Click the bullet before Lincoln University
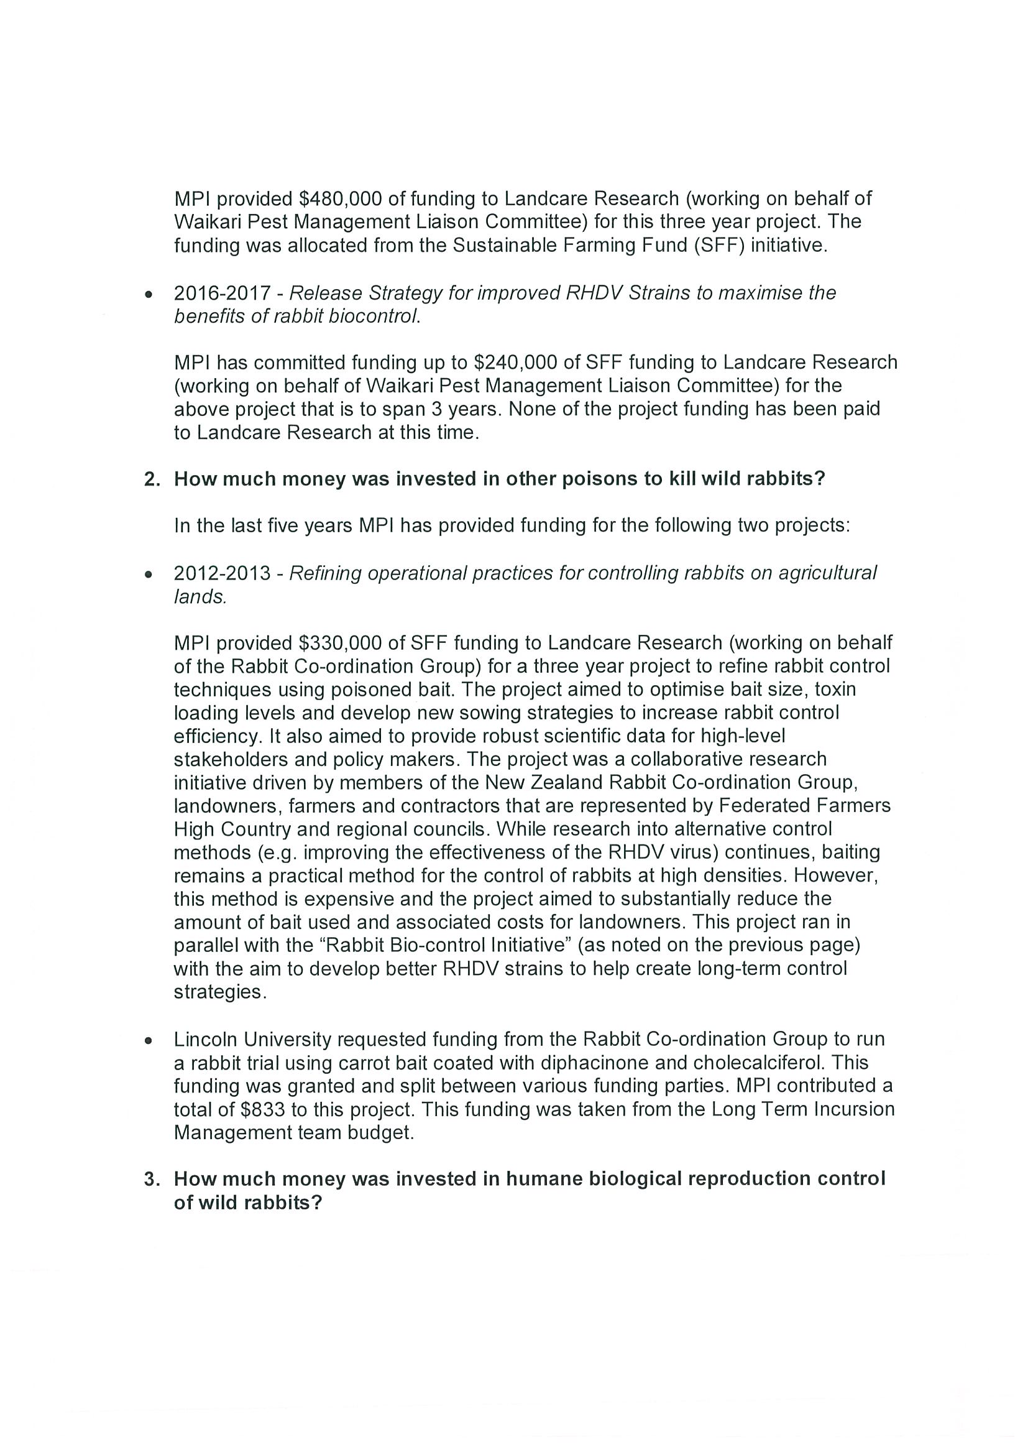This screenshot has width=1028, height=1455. [148, 1040]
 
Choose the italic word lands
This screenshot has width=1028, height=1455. [199, 596]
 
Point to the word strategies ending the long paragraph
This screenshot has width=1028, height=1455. [220, 992]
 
